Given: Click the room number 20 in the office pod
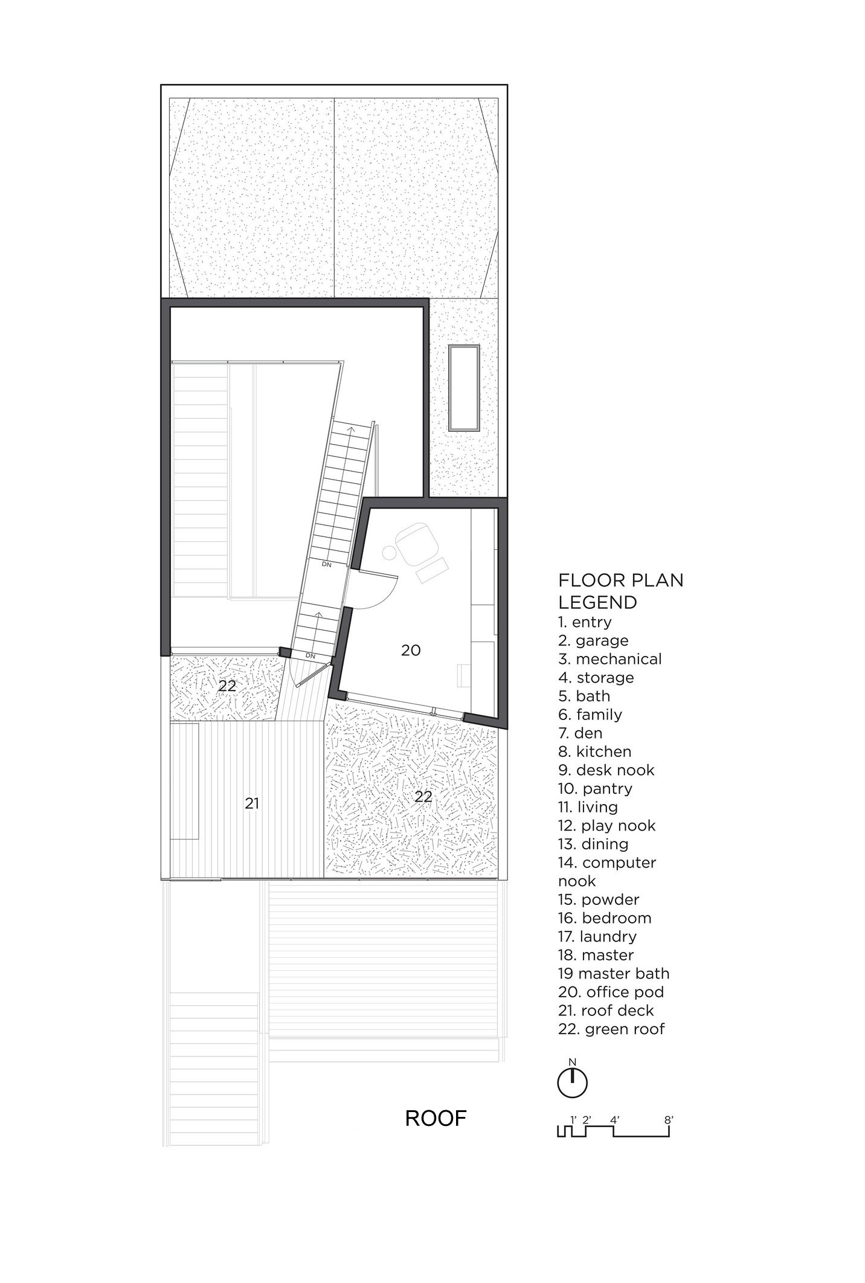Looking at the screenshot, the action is pyautogui.click(x=411, y=651).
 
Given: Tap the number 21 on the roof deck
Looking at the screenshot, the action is pyautogui.click(x=252, y=803).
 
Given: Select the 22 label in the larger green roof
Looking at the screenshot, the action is pyautogui.click(x=423, y=797).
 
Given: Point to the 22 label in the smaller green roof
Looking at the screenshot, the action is pyautogui.click(x=227, y=686).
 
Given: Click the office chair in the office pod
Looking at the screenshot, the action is pyautogui.click(x=413, y=544).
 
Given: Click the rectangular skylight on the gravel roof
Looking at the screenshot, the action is pyautogui.click(x=465, y=387).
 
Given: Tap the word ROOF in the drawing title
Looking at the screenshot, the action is pyautogui.click(x=436, y=1119).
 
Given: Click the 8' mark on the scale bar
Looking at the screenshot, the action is pyautogui.click(x=669, y=1119).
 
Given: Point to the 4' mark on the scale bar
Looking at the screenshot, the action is pyautogui.click(x=615, y=1119).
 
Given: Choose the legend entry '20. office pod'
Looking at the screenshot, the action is pyautogui.click(x=611, y=992).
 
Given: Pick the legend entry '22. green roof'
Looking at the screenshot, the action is pyautogui.click(x=611, y=1029).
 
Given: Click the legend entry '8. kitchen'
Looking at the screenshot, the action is pyautogui.click(x=594, y=751).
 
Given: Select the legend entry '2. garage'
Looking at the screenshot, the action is pyautogui.click(x=593, y=640).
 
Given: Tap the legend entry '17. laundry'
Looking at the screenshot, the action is pyautogui.click(x=597, y=937).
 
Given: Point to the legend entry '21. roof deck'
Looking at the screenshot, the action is pyautogui.click(x=606, y=1011).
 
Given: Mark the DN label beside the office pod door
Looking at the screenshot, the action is pyautogui.click(x=326, y=564).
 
